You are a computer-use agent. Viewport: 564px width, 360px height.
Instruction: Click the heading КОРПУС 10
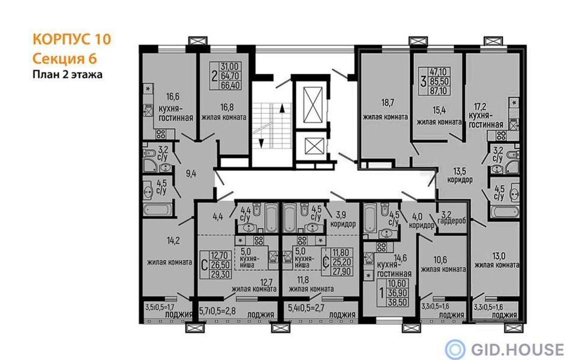[72, 39]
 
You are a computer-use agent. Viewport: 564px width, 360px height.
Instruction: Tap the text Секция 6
[65, 58]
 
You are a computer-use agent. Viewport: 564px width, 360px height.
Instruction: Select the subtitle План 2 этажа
[68, 74]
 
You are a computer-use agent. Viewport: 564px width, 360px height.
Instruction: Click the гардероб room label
[452, 220]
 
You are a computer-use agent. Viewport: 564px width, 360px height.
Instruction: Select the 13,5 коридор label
[460, 175]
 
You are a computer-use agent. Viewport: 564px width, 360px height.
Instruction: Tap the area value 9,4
[191, 173]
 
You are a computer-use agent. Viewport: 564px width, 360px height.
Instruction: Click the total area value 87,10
[438, 91]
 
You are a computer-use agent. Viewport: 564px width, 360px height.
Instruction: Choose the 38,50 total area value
[397, 302]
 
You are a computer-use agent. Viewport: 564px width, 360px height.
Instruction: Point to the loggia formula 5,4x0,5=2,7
[306, 308]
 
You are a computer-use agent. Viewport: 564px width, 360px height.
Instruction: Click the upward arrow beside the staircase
[282, 108]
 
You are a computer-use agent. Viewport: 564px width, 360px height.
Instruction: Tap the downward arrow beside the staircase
[261, 143]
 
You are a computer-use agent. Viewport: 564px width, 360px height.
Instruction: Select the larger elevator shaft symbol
[311, 105]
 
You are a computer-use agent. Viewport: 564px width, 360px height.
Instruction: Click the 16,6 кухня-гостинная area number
[173, 96]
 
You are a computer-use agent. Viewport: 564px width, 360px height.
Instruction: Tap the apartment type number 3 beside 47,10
[423, 81]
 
